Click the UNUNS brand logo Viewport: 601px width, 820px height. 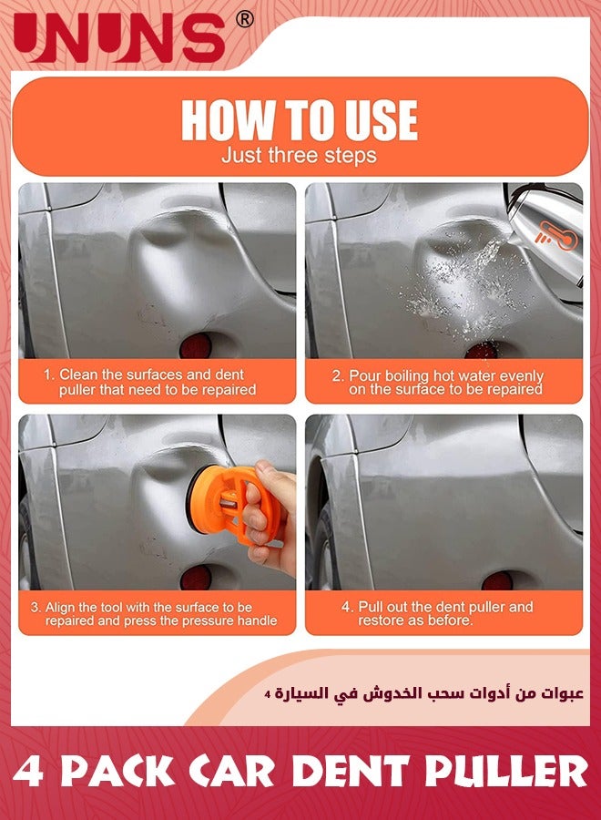pyautogui.click(x=119, y=37)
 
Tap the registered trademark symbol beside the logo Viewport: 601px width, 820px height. pyautogui.click(x=245, y=19)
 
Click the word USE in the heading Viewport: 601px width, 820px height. pyautogui.click(x=382, y=119)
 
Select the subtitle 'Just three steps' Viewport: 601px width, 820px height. pyautogui.click(x=299, y=155)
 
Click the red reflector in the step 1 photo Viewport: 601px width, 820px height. pyautogui.click(x=196, y=345)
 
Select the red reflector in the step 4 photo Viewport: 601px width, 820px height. pyautogui.click(x=497, y=580)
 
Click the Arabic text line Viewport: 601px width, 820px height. pyautogui.click(x=423, y=694)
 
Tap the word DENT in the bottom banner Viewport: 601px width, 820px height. pyautogui.click(x=350, y=772)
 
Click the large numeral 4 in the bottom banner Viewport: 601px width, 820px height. pyautogui.click(x=28, y=772)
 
